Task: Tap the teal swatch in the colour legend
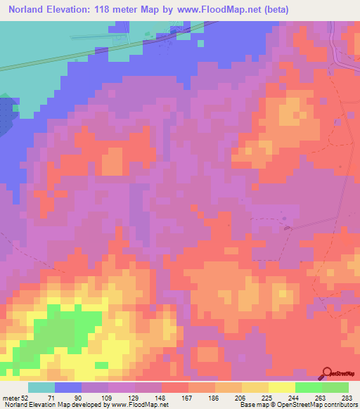click(x=41, y=388)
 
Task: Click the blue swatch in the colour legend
click(x=67, y=388)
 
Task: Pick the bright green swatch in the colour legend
click(x=308, y=388)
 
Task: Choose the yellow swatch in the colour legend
click(x=281, y=388)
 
